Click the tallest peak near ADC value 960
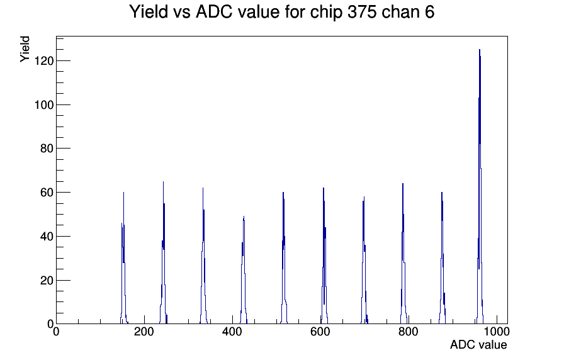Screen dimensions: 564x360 480,187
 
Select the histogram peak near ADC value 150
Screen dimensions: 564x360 124,259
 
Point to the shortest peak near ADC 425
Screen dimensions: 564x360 244,271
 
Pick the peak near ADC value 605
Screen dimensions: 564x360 324,256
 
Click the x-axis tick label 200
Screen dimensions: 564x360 144,332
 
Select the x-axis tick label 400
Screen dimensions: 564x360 232,332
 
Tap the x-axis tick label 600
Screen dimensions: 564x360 320,332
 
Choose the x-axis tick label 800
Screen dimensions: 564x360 409,332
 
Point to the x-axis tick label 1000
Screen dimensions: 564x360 497,332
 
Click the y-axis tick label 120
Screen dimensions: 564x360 43,61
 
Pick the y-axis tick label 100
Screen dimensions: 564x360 43,105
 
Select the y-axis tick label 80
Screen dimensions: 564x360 47,149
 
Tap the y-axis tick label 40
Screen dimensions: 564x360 47,237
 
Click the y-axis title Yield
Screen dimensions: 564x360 25,49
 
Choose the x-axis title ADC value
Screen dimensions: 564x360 478,345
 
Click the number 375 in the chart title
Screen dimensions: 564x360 362,12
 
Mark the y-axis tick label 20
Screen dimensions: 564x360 47,281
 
